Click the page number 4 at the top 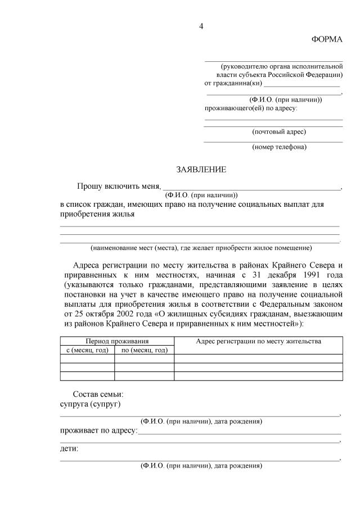pos(201,26)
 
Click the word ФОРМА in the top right pos(327,39)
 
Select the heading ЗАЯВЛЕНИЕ pos(201,169)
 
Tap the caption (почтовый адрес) pos(280,131)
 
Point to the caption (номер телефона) pos(280,147)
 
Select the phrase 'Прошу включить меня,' pos(119,186)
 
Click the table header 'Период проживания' pos(117,341)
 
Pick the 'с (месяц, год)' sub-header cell pos(87,350)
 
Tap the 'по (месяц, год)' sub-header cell pos(145,350)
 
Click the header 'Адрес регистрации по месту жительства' pos(258,341)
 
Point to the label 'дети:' pos(69,448)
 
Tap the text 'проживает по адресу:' pos(98,430)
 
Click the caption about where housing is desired pos(201,247)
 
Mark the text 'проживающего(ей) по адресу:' pos(251,107)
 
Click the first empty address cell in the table pos(258,359)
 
